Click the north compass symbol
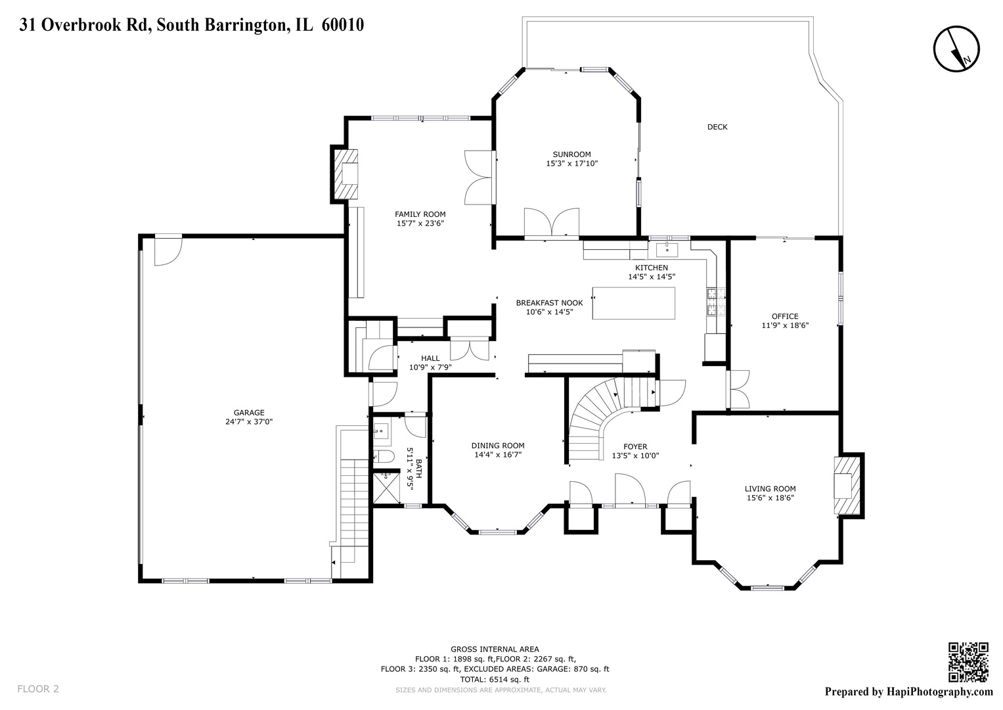tap(956, 49)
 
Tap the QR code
tap(968, 662)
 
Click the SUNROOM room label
tap(571, 154)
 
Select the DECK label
tap(717, 127)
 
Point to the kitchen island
tap(633, 303)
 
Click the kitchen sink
tap(668, 248)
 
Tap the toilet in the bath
tap(383, 456)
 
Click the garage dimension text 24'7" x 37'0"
tap(249, 422)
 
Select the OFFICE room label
tap(785, 316)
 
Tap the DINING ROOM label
tap(498, 446)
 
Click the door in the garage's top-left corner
tap(167, 250)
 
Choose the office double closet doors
tap(738, 390)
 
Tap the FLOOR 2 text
tap(37, 689)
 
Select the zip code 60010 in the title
tap(343, 25)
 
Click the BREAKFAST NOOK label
tap(549, 303)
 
